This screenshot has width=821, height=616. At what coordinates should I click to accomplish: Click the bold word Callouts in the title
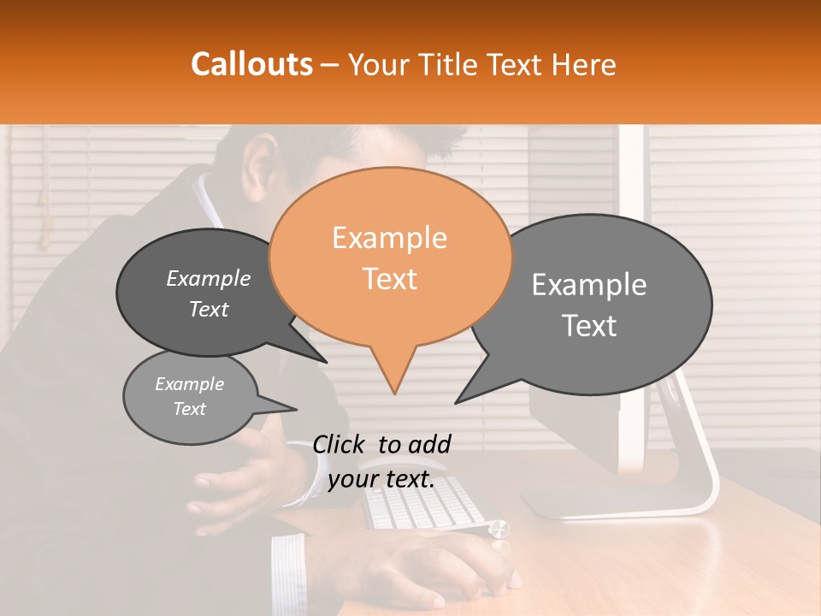pos(251,64)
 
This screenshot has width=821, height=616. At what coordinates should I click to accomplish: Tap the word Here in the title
pos(582,64)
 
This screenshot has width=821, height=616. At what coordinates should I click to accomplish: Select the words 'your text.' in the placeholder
pos(381,479)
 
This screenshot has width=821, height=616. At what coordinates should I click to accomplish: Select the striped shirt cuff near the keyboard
pos(289,569)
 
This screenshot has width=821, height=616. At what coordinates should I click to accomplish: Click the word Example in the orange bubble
pos(389,238)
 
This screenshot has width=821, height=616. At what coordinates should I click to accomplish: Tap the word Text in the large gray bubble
pos(589,325)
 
